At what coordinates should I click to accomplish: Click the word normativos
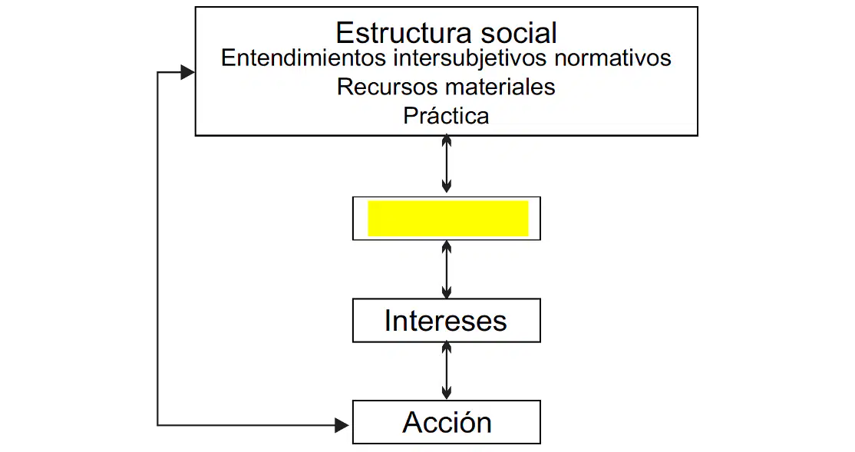[x=612, y=58]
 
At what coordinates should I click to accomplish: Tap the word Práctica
[x=446, y=116]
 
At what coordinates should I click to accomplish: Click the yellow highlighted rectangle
[x=448, y=218]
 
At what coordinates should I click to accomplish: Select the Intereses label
[x=445, y=321]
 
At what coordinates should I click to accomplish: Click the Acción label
[x=447, y=423]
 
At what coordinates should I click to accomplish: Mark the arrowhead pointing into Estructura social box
[x=187, y=72]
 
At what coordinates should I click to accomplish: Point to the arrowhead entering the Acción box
[x=342, y=424]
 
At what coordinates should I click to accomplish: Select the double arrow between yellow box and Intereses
[x=447, y=269]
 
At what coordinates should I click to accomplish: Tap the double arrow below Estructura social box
[x=447, y=163]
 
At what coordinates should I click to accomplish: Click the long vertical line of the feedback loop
[x=157, y=248]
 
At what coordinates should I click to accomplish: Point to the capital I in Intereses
[x=388, y=321]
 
